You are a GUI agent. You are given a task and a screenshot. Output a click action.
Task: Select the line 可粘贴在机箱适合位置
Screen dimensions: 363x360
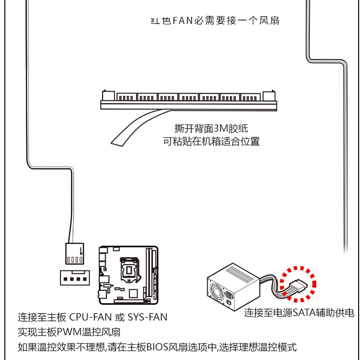point(211,141)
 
